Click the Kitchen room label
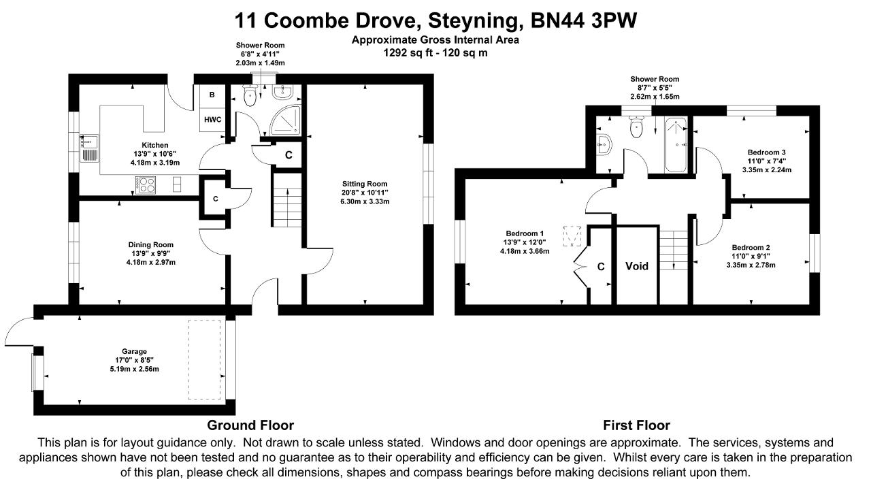point(154,145)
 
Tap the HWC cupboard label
point(213,119)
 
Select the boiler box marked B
point(212,95)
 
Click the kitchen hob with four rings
point(146,184)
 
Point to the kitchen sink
point(89,148)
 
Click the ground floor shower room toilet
point(249,95)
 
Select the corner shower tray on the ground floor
point(286,120)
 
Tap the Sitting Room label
point(365,184)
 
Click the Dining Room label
point(151,244)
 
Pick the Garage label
point(134,352)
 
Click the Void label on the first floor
point(637,266)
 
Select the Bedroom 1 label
point(525,233)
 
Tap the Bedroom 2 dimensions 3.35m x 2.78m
point(751,265)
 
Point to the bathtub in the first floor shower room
point(676,145)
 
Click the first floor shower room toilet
point(636,127)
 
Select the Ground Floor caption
point(250,425)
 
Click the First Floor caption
point(636,425)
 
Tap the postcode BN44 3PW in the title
point(584,20)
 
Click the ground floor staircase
point(288,200)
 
